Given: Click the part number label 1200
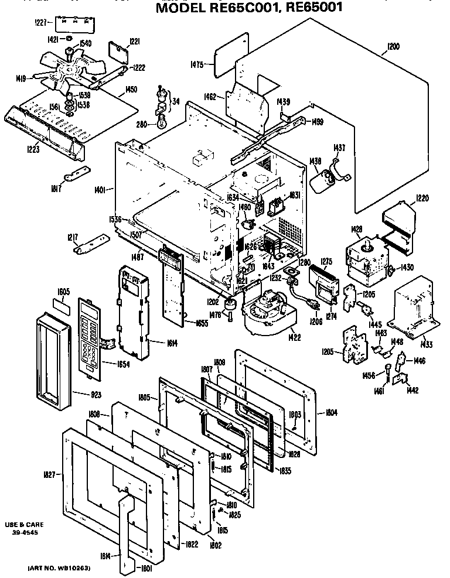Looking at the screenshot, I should click(x=393, y=47).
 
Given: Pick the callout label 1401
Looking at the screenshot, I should click(x=100, y=189).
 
